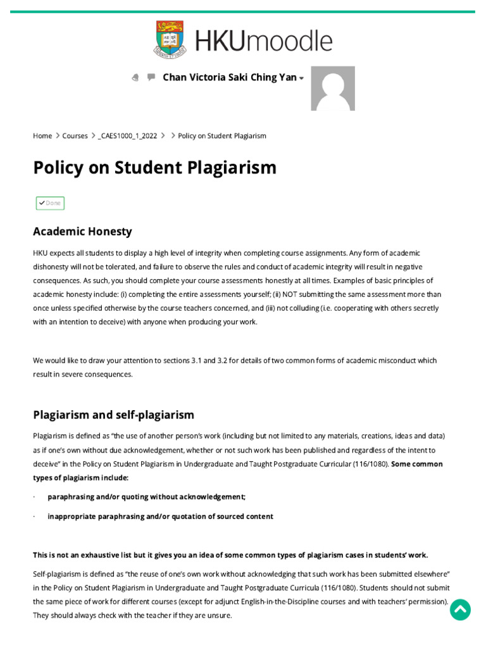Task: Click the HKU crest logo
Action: (x=170, y=40)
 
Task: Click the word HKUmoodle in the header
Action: (x=263, y=40)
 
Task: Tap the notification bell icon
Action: (x=135, y=78)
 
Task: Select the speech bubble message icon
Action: (x=151, y=77)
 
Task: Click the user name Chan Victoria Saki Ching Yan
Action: (x=230, y=77)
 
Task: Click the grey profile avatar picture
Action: (x=333, y=89)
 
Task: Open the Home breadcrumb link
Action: (x=42, y=136)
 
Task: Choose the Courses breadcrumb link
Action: (x=75, y=136)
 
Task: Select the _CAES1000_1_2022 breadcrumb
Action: (x=128, y=136)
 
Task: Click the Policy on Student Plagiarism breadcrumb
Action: (x=222, y=136)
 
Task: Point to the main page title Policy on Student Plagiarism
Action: (x=155, y=168)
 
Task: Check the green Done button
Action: (x=50, y=203)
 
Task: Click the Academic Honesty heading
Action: (x=82, y=232)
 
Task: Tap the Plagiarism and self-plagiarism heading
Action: (x=113, y=415)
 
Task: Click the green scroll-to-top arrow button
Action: (x=460, y=609)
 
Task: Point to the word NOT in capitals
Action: (x=290, y=294)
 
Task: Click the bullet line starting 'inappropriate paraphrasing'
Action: (x=160, y=516)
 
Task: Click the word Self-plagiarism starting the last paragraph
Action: (x=55, y=574)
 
